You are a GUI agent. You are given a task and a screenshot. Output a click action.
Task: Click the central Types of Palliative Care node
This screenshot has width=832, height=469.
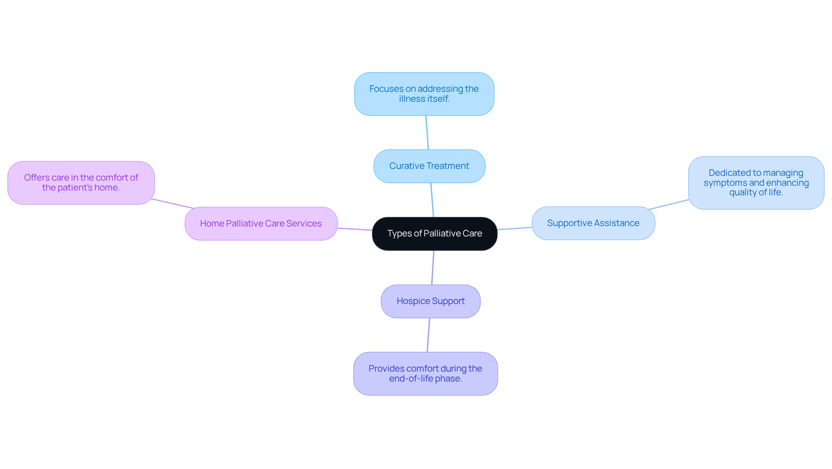coord(434,234)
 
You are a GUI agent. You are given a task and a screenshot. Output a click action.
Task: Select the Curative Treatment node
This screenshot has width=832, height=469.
coord(429,166)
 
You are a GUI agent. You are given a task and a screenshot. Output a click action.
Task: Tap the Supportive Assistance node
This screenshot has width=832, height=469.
coord(593,223)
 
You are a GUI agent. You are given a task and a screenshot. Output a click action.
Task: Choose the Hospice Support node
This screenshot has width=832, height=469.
coord(430,301)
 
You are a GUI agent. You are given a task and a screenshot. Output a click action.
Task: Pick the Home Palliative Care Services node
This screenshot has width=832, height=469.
coord(261,224)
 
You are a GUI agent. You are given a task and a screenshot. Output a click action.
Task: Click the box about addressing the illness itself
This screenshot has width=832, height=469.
coord(424,94)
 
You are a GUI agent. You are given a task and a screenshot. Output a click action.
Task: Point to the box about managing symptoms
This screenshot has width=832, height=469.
coord(756,183)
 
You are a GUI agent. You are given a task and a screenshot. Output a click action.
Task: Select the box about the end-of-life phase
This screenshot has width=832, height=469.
coord(425,374)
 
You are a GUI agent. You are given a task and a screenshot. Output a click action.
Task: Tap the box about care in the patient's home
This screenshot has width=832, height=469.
coord(81,183)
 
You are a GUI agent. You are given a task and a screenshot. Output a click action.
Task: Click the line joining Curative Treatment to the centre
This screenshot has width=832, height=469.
coord(432,200)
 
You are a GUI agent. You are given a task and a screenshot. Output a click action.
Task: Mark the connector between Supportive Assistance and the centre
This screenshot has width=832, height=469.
coord(514,228)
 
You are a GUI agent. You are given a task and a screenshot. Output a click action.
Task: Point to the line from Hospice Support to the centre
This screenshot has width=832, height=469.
coord(432,268)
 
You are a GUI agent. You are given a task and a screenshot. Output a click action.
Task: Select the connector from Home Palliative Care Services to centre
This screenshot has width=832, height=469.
coord(354,229)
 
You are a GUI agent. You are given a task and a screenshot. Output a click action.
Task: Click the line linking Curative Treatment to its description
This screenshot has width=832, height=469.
coord(427,133)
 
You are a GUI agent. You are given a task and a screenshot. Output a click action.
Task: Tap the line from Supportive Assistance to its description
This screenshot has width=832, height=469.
coord(669,204)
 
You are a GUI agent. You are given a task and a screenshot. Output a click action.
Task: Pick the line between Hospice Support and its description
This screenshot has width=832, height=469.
coord(428,335)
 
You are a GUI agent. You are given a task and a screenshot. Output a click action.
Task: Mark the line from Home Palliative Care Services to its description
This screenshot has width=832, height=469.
coord(172,204)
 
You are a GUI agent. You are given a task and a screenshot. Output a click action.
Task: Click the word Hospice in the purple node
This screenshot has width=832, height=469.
coord(413,301)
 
